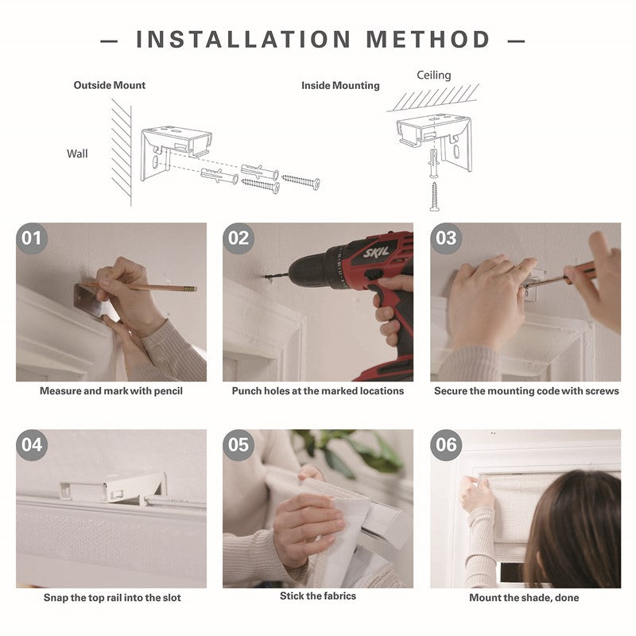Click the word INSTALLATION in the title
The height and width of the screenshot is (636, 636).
click(x=243, y=39)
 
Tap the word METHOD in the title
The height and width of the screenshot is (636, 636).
click(x=428, y=39)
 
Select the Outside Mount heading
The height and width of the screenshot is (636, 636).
click(x=110, y=85)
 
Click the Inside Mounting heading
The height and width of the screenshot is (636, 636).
click(x=340, y=86)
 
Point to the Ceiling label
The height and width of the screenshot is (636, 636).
click(x=433, y=75)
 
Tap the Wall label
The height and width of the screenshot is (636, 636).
click(x=77, y=153)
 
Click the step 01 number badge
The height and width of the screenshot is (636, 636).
click(x=32, y=238)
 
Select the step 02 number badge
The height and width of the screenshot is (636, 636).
click(x=238, y=238)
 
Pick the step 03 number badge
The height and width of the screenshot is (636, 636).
click(x=446, y=238)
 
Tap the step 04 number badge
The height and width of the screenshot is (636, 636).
click(x=32, y=445)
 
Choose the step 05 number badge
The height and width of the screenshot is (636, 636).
click(x=238, y=445)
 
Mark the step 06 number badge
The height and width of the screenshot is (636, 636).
click(x=446, y=445)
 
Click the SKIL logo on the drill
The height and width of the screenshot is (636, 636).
click(x=376, y=252)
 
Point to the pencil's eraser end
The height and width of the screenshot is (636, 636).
click(x=191, y=289)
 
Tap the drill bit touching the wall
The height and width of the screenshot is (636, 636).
click(x=277, y=276)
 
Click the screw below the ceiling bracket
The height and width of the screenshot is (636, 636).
click(x=434, y=196)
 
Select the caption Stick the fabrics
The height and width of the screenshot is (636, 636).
click(x=318, y=595)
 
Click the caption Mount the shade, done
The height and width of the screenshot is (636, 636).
click(x=524, y=598)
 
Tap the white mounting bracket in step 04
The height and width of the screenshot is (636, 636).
click(x=113, y=488)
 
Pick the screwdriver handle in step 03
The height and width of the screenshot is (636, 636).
click(x=580, y=271)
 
